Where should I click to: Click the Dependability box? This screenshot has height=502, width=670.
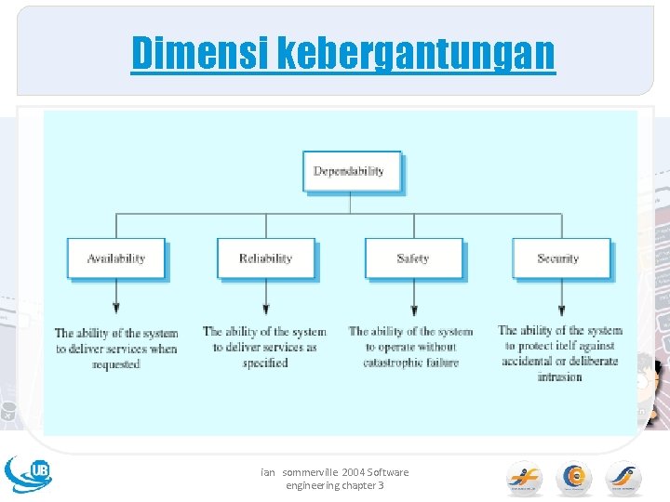tap(352, 171)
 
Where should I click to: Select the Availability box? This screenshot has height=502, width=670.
tap(115, 258)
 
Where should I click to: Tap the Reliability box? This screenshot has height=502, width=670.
tap(265, 258)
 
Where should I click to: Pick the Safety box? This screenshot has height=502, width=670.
tap(413, 258)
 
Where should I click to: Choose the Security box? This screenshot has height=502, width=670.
tap(560, 258)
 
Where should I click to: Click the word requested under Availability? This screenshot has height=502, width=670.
tap(116, 364)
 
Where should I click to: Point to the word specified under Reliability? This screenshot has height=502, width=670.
tap(265, 363)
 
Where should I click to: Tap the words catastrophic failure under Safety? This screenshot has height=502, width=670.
tap(410, 363)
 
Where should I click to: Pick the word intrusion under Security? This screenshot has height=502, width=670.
tap(559, 376)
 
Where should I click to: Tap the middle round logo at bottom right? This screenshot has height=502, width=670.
tap(573, 478)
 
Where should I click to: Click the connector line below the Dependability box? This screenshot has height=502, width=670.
tap(351, 204)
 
